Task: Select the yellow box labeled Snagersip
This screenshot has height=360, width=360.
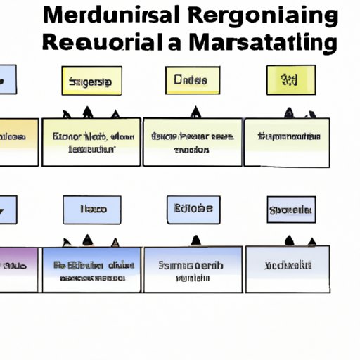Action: tap(91, 81)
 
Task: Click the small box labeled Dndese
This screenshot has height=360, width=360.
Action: tap(190, 80)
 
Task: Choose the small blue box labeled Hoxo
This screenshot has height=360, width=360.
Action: tap(91, 210)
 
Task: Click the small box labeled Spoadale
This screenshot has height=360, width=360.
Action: tap(291, 210)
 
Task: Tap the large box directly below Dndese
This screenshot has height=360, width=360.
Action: tap(192, 142)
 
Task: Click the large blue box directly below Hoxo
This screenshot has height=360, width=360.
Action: tap(91, 269)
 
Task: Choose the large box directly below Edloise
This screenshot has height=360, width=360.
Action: tap(192, 269)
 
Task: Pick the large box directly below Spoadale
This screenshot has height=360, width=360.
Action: tap(286, 269)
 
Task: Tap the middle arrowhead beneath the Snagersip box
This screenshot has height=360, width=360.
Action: tap(88, 112)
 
